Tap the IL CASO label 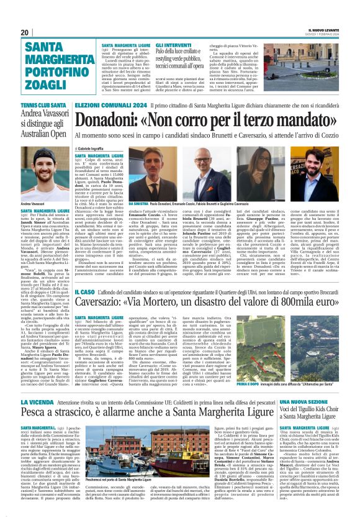tap(102, 291)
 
